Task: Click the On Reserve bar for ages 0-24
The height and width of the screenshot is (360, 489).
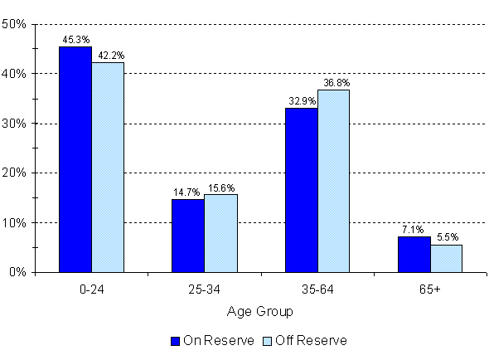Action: pyautogui.click(x=75, y=159)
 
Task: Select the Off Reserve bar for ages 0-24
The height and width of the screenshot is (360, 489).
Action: pyautogui.click(x=107, y=167)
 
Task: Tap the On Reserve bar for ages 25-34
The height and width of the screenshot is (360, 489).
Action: pyautogui.click(x=187, y=236)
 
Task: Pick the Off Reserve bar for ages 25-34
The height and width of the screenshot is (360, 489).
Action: pyautogui.click(x=220, y=233)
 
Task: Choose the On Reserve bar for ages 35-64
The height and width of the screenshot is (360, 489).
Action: pyautogui.click(x=301, y=190)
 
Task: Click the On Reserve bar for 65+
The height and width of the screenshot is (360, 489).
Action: pyautogui.click(x=414, y=254)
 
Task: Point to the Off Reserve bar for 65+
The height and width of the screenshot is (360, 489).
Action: pyautogui.click(x=446, y=258)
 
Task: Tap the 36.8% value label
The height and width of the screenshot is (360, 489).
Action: pyautogui.click(x=335, y=82)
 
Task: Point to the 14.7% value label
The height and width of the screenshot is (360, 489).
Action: pyautogui.click(x=187, y=192)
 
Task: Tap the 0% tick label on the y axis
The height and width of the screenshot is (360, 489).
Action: pyautogui.click(x=19, y=273)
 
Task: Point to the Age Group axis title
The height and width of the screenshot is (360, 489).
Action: pyautogui.click(x=259, y=312)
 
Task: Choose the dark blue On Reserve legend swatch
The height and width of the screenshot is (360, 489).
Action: pyautogui.click(x=175, y=340)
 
